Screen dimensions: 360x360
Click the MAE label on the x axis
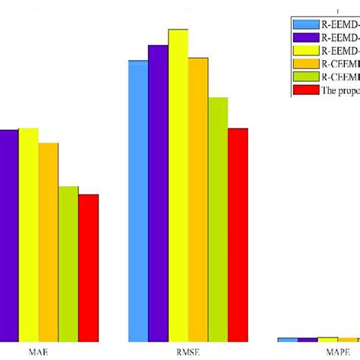(36, 352)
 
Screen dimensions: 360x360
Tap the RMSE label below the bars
(188, 352)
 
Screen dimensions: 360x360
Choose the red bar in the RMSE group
(238, 235)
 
